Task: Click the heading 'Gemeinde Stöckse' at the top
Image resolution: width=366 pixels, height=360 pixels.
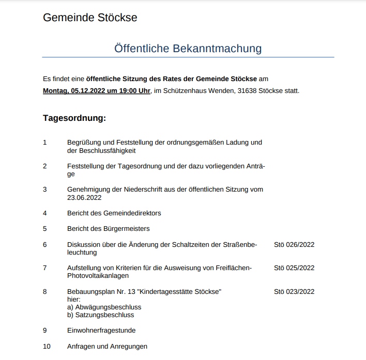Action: coord(90,18)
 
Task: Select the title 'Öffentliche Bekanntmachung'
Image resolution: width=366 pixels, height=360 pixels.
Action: coord(188,49)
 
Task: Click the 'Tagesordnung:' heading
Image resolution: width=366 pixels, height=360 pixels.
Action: coord(74,118)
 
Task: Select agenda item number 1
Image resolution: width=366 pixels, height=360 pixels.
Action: coord(45,142)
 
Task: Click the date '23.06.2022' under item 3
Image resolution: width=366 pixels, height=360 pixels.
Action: coord(84,197)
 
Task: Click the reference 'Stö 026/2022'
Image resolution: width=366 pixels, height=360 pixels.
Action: coord(294,244)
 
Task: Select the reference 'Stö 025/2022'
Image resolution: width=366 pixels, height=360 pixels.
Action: coord(294,268)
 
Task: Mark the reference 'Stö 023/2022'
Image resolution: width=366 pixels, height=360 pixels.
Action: coord(294,291)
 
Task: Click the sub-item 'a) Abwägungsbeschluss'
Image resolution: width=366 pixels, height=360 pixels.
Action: coord(104,307)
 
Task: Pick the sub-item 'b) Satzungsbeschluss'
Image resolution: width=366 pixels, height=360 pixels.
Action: coord(100,315)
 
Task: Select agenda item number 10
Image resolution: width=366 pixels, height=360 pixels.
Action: coord(47,346)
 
